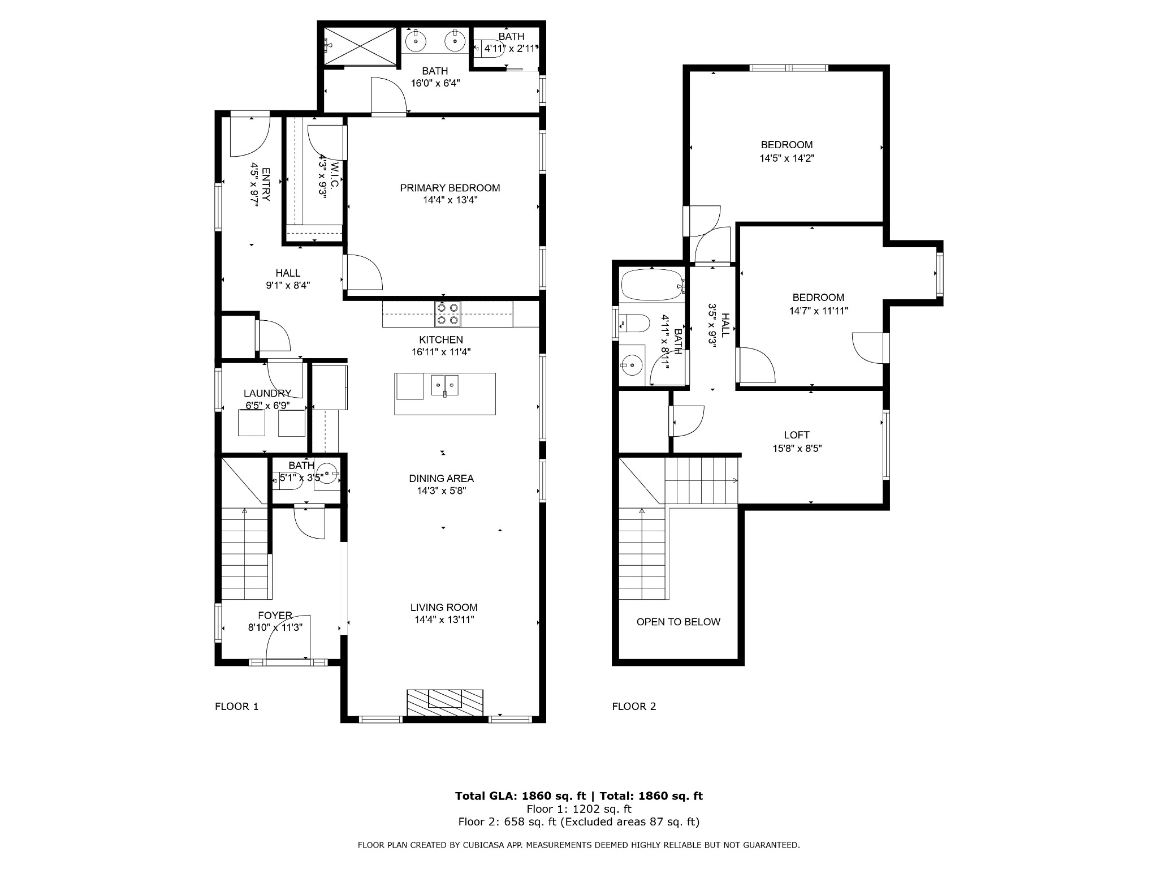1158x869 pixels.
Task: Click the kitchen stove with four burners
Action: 447,314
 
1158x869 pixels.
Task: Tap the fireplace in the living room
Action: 445,703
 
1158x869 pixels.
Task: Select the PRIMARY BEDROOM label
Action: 450,188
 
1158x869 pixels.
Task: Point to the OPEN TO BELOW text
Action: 679,622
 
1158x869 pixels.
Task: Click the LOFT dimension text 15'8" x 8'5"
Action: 797,449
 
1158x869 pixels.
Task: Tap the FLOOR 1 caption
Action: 237,706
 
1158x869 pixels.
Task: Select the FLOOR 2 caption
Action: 634,706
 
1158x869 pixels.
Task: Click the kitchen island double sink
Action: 445,385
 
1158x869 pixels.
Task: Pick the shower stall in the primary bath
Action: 361,46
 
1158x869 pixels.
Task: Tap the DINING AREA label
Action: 442,479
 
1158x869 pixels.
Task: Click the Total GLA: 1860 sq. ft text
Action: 521,796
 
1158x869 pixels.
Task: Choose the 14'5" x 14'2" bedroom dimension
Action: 787,158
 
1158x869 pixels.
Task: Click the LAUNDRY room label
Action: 267,393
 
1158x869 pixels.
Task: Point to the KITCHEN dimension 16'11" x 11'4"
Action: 441,352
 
